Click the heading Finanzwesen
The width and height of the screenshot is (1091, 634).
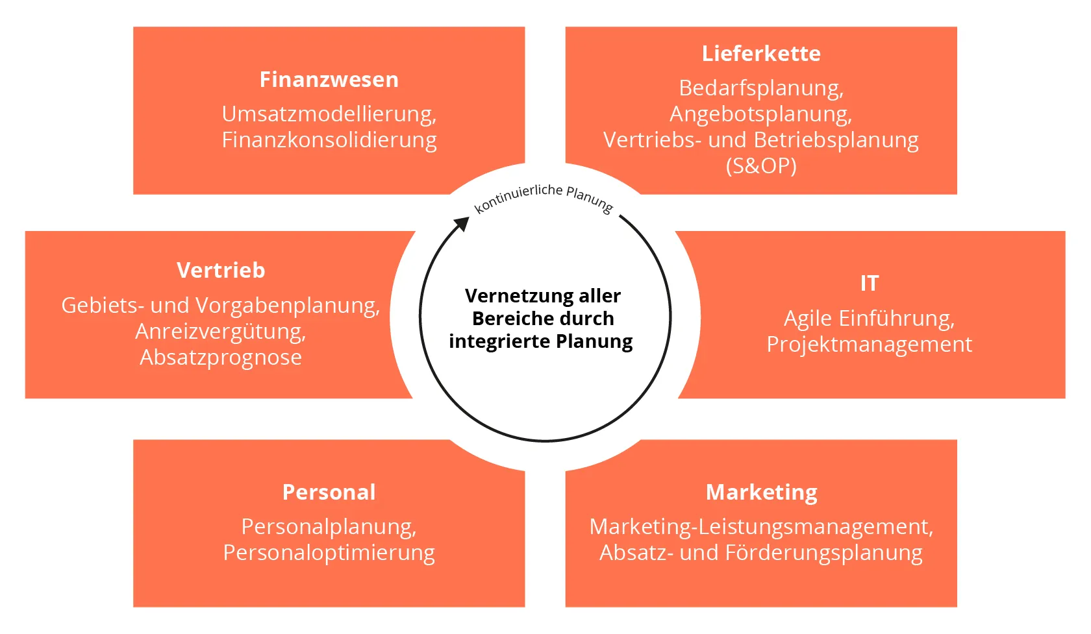(x=329, y=80)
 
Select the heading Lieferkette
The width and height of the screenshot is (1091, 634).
(x=761, y=54)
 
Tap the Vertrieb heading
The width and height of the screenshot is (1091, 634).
(x=221, y=271)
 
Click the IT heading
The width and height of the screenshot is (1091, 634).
(x=870, y=284)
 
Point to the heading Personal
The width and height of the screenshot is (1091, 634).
(x=329, y=493)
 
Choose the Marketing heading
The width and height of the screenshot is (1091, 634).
(x=761, y=493)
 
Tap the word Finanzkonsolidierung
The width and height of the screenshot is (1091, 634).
(x=329, y=140)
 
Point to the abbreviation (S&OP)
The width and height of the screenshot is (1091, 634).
(x=761, y=166)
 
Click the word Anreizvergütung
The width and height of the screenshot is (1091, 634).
(x=219, y=332)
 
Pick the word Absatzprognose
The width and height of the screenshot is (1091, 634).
(x=221, y=358)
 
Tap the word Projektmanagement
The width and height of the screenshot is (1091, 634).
(x=870, y=345)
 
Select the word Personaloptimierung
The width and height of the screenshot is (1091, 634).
(x=329, y=553)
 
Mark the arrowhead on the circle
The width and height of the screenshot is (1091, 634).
(x=461, y=225)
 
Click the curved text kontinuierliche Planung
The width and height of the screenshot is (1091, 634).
(x=544, y=197)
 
